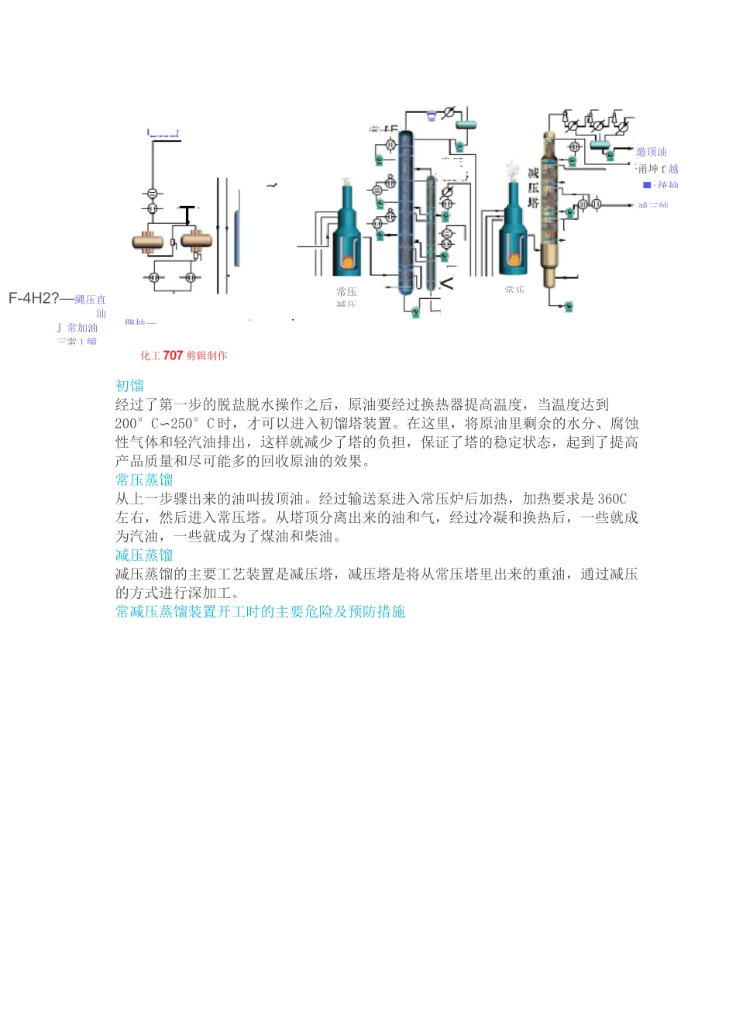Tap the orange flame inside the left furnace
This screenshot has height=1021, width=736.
(348, 262)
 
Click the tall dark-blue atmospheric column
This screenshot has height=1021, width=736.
(406, 213)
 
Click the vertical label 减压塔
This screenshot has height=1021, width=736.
(533, 187)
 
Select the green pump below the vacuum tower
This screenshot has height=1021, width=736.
(569, 306)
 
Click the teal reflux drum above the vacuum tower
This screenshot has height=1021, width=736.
(600, 144)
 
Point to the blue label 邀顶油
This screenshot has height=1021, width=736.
(651, 152)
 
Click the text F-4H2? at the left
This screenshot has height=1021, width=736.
(33, 298)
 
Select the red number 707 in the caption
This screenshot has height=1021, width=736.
(173, 356)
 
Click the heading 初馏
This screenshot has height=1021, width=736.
(129, 385)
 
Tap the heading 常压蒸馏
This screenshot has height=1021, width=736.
(144, 480)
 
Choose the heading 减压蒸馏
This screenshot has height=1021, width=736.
(144, 555)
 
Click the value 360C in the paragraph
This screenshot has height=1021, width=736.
(612, 499)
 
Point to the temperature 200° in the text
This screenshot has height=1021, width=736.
(129, 424)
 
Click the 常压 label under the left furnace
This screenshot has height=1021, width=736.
(346, 291)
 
